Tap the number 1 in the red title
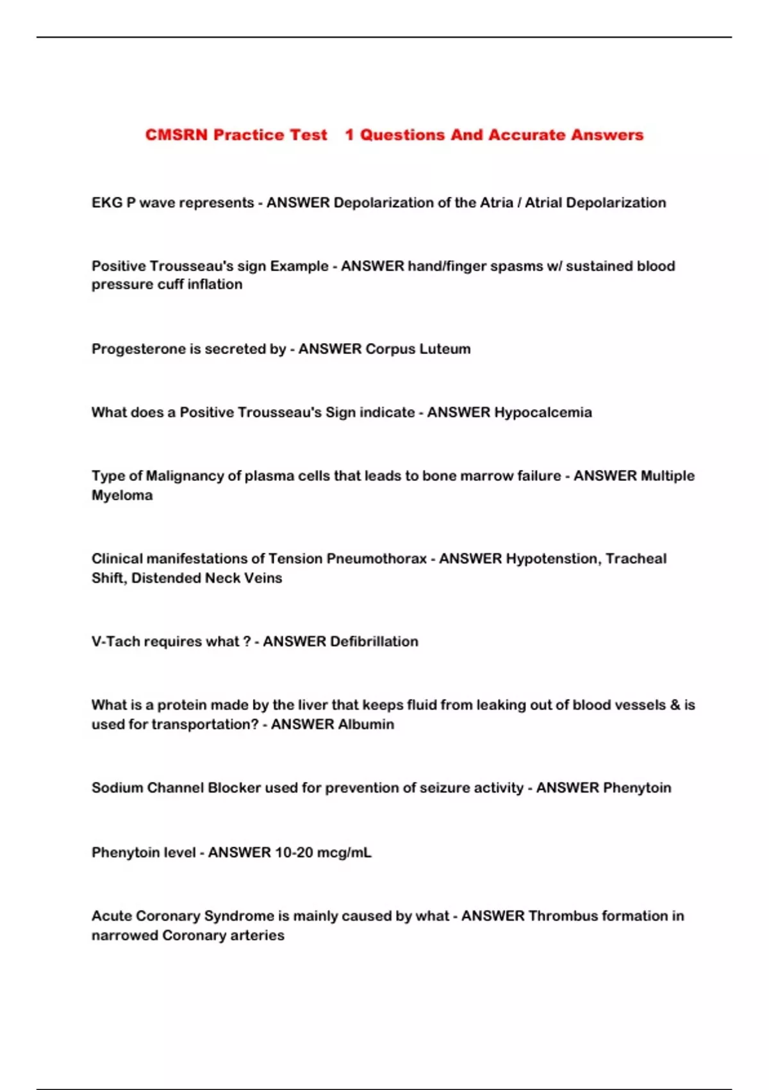(349, 135)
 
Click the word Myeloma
(122, 495)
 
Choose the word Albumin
(366, 725)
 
